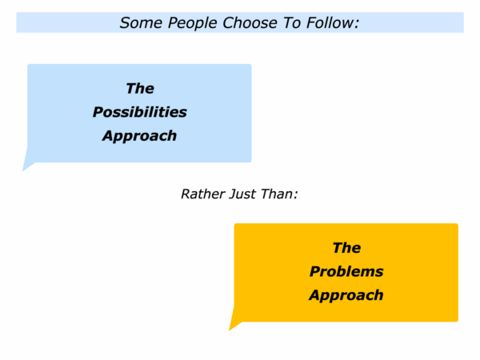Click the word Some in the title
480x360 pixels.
[141, 23]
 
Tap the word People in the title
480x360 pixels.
[192, 23]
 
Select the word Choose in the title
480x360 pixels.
[250, 23]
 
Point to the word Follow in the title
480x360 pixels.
[330, 23]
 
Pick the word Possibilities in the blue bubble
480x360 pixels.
[139, 112]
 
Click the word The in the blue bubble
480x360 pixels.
[140, 89]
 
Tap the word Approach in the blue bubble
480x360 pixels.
[139, 136]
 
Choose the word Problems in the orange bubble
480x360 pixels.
[346, 271]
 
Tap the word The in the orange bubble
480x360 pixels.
[346, 248]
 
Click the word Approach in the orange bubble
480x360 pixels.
[346, 295]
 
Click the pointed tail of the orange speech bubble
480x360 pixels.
[230, 329]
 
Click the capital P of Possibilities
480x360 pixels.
[98, 112]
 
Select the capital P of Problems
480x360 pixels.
[315, 271]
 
